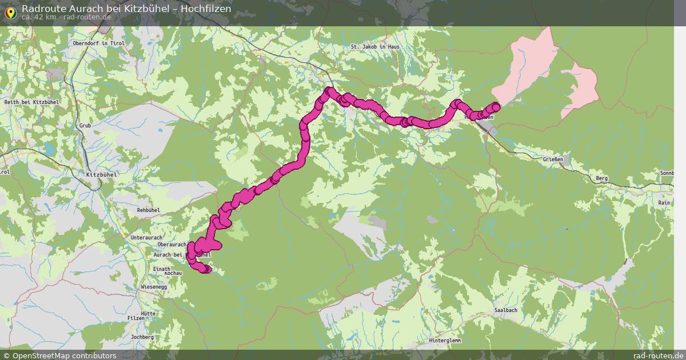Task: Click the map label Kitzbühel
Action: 101,174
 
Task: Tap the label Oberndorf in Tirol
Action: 99,43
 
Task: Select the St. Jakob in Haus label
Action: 376,46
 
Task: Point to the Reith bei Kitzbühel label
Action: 31,102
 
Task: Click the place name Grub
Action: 85,125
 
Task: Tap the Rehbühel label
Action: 149,210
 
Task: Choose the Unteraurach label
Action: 146,237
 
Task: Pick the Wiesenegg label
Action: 154,286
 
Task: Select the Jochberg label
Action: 142,337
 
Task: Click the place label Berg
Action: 601,178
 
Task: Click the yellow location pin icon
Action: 10,11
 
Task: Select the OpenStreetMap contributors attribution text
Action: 64,355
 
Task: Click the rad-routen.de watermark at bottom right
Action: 658,355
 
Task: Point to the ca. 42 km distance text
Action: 39,17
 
